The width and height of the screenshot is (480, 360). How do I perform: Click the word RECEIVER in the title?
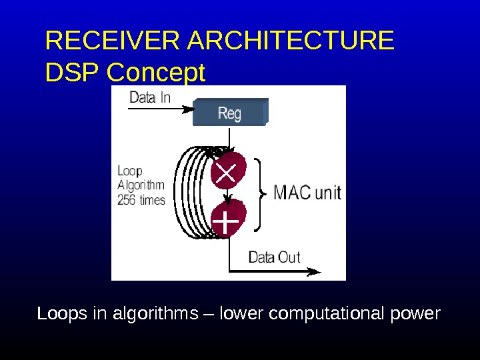point(113,41)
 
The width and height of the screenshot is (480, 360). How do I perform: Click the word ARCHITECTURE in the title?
point(291,41)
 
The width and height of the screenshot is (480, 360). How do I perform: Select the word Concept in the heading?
point(156,73)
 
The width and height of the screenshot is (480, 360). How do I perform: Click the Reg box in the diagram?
point(229,113)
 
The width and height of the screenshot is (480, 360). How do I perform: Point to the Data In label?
point(150,97)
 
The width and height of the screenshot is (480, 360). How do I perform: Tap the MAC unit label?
point(307,193)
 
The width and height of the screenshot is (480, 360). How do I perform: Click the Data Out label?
point(274,257)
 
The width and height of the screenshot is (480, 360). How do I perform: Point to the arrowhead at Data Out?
point(315,271)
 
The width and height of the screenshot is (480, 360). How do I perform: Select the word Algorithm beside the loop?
point(141,185)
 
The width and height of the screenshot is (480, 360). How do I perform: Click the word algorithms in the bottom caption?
point(156,313)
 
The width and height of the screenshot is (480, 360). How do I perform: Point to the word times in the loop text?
point(152,200)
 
